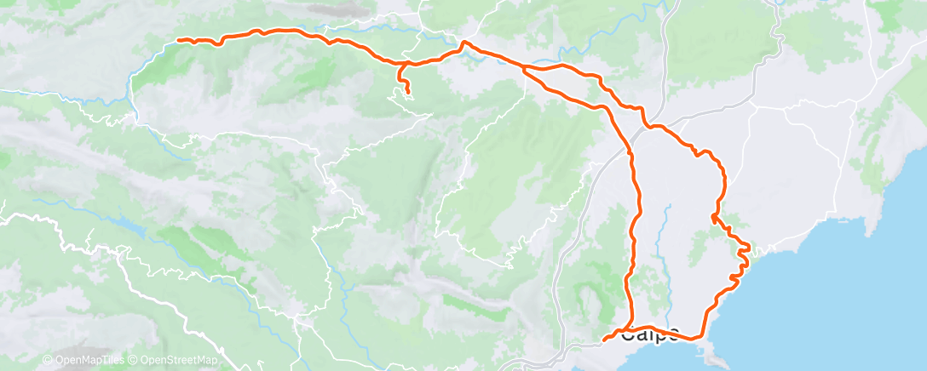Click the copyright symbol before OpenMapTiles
tap(48, 361)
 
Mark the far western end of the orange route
tap(177, 40)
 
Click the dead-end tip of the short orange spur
tap(407, 91)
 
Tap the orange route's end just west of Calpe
tap(605, 339)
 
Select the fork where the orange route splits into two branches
tap(522, 67)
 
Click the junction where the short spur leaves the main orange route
tap(399, 64)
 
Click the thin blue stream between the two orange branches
tap(661, 247)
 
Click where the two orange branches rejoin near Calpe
tap(629, 328)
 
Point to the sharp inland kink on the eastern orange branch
tap(712, 218)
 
